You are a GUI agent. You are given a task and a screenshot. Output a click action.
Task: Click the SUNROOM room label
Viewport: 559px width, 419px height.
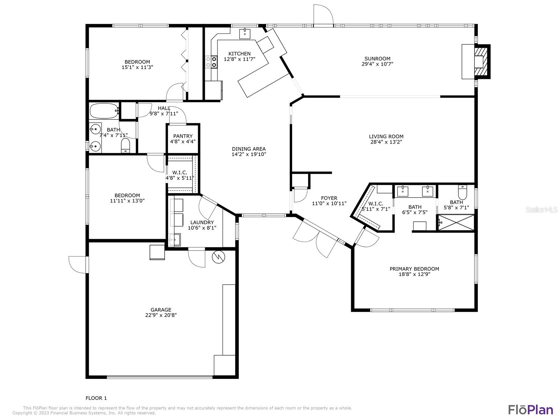click(x=377, y=59)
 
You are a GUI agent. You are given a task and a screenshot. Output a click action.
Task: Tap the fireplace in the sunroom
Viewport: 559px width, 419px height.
click(x=476, y=61)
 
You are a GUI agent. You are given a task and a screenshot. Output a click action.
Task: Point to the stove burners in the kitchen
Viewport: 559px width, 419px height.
click(x=211, y=62)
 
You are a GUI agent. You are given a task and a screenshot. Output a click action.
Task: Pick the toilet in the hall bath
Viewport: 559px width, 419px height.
click(x=125, y=145)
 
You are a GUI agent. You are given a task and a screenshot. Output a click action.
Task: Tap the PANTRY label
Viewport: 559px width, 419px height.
click(x=183, y=136)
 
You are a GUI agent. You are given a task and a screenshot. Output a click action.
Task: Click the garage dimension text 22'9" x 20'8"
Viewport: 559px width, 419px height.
click(x=161, y=315)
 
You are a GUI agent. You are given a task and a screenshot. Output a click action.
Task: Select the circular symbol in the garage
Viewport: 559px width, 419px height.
click(x=218, y=257)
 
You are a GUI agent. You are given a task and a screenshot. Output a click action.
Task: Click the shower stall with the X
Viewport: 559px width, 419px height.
click(x=456, y=223)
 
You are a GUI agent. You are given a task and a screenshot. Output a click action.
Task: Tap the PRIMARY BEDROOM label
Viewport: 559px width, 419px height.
click(x=414, y=269)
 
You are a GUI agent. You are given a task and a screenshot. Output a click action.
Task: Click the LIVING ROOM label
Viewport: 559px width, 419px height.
click(x=386, y=137)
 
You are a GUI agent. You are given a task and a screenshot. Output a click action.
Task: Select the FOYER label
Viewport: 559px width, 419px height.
click(x=329, y=198)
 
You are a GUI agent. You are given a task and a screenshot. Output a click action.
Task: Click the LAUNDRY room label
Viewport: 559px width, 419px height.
click(x=202, y=223)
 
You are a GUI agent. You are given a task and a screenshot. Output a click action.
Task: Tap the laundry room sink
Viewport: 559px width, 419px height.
click(x=174, y=240)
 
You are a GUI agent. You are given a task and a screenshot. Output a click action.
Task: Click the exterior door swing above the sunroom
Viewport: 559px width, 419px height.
click(x=323, y=15)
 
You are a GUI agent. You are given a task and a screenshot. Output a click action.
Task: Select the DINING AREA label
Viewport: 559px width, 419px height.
click(x=248, y=149)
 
